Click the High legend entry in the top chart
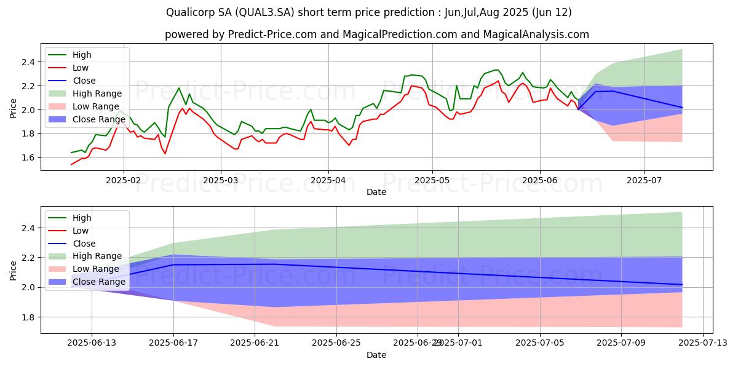[82, 55]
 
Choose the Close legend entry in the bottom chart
[84, 243]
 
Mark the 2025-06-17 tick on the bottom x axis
[173, 342]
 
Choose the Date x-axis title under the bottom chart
[376, 355]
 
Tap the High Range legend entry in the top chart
[98, 93]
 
